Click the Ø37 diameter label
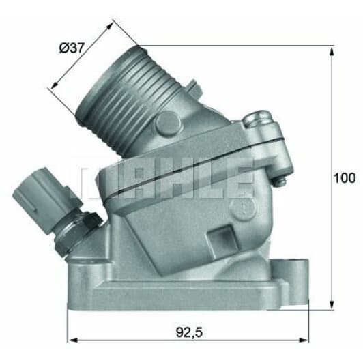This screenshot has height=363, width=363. tap(71, 48)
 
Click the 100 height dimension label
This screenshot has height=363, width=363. tap(345, 178)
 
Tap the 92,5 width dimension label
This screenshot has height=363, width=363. tap(189, 332)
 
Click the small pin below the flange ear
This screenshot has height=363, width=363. tap(280, 181)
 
